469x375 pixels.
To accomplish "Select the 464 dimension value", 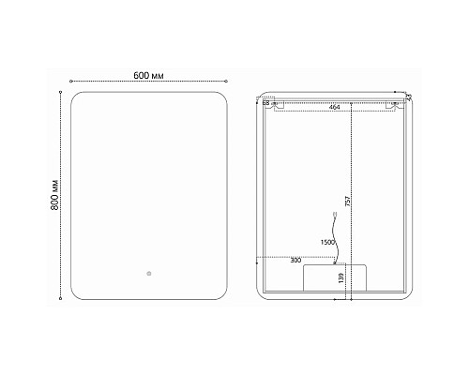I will (x=334, y=108).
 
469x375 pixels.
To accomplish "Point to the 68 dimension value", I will (x=265, y=102).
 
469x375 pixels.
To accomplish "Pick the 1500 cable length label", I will (x=327, y=243).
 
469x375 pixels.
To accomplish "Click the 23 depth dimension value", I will (x=409, y=97).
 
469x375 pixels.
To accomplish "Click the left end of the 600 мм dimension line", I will (x=72, y=82).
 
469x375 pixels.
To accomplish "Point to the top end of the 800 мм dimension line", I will (x=63, y=92).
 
